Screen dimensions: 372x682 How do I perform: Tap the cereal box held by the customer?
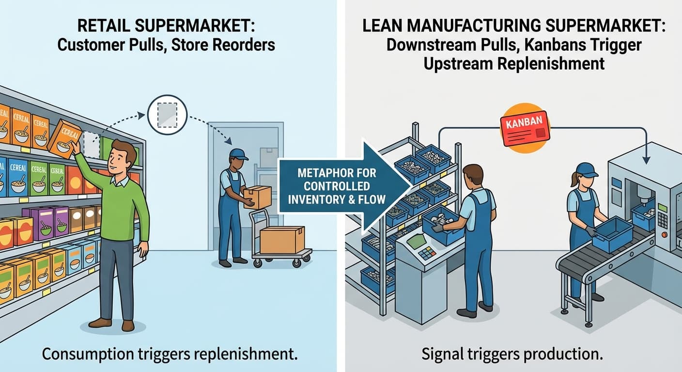65,139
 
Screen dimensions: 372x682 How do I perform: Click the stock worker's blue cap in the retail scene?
238,154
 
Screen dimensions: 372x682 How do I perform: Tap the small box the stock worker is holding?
256,196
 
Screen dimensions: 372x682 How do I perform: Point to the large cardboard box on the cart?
282,240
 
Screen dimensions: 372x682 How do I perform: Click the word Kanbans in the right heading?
558,45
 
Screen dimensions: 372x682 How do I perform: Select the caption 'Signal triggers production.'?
512,354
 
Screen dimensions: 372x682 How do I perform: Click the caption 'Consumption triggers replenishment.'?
169,354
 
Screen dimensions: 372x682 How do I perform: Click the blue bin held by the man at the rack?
443,226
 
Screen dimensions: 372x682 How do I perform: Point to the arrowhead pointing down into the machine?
647,159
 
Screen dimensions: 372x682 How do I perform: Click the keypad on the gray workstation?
426,254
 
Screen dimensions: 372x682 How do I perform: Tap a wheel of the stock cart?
257,263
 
